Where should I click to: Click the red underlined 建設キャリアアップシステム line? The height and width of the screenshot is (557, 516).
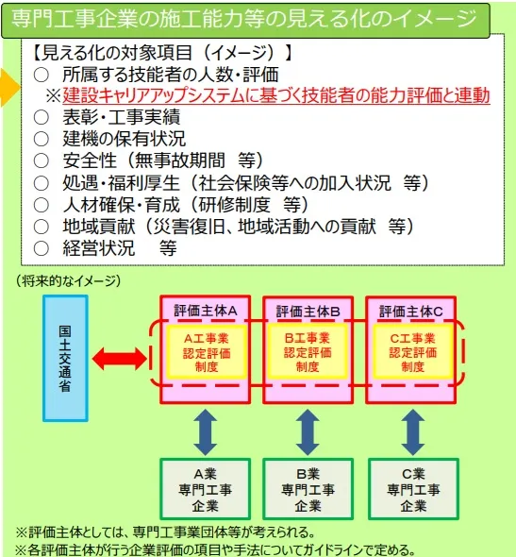[275, 95]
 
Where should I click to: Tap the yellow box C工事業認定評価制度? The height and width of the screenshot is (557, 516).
[410, 352]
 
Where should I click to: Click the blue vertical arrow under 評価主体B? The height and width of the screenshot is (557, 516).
[306, 431]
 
